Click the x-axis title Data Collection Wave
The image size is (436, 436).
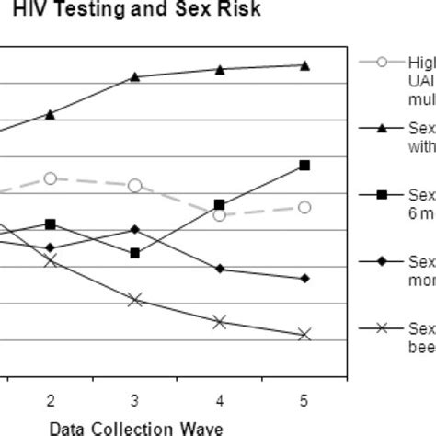pyautogui.click(x=135, y=428)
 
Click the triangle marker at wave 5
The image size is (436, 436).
pyautogui.click(x=304, y=65)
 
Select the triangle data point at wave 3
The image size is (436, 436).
pyautogui.click(x=135, y=76)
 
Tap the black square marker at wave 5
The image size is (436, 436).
pyautogui.click(x=304, y=166)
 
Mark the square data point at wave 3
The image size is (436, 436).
pyautogui.click(x=135, y=252)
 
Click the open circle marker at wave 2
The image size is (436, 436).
pyautogui.click(x=51, y=178)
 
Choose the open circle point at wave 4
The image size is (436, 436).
pyautogui.click(x=220, y=214)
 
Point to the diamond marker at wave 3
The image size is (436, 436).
pyautogui.click(x=135, y=229)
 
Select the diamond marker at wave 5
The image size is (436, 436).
pyautogui.click(x=304, y=278)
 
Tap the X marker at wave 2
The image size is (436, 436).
pyautogui.click(x=51, y=260)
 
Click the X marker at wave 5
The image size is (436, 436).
pyautogui.click(x=304, y=335)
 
